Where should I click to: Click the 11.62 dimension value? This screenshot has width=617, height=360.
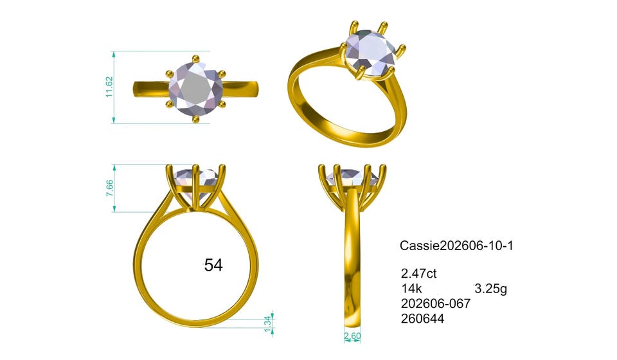pos(109,87)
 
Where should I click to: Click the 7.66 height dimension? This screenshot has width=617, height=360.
pos(109,188)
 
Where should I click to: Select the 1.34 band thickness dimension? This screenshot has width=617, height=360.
pos(268,323)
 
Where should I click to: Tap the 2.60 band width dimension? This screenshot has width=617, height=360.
pos(352,336)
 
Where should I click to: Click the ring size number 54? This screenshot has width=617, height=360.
pos(213,265)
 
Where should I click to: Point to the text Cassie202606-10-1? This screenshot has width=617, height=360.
pos(456,246)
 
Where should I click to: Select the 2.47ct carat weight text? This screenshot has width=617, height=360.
pos(418,273)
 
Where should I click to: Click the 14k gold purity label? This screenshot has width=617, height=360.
pos(411,289)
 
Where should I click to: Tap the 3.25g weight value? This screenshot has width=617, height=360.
pos(490,289)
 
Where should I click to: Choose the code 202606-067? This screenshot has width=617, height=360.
pos(436,303)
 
